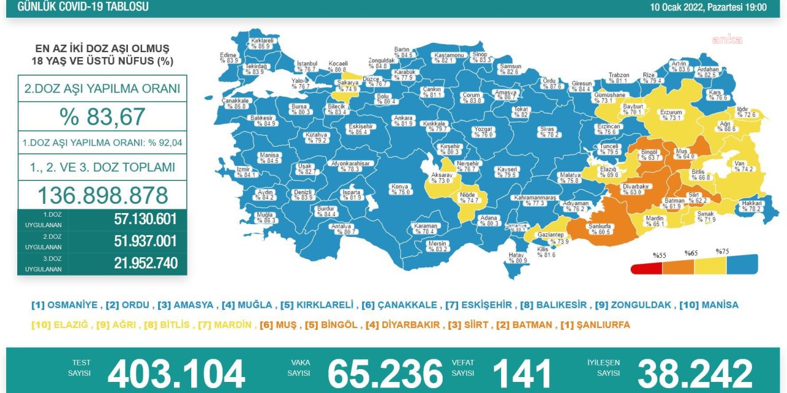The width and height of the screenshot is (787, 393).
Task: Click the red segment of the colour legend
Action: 646,268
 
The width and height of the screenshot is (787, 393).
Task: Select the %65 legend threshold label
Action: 691,253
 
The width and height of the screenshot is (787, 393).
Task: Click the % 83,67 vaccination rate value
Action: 102,117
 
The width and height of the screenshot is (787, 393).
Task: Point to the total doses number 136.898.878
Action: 103,195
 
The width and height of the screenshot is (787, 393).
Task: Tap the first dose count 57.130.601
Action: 145,219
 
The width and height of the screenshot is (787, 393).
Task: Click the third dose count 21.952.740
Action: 145,263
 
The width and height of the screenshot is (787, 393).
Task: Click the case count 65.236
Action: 385,373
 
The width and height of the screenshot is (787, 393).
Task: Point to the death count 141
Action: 523,373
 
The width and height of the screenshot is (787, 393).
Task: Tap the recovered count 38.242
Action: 695,373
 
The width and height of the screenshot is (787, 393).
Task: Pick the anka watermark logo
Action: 727,40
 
